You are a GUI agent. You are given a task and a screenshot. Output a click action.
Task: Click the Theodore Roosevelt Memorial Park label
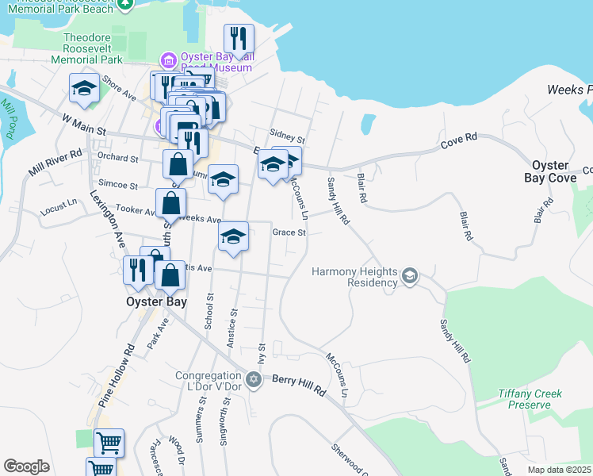(93, 48)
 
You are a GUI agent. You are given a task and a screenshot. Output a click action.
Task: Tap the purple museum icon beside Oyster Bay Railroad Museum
(168, 60)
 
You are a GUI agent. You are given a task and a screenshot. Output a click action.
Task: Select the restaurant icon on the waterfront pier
(239, 38)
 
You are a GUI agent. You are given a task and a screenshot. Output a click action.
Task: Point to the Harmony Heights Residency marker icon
(410, 276)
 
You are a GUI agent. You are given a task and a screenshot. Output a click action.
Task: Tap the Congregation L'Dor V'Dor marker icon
(254, 380)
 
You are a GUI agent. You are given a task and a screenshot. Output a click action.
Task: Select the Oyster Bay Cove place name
(549, 171)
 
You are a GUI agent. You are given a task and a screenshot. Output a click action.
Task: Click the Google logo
(26, 466)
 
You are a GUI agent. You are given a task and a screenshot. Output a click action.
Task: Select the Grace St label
(289, 232)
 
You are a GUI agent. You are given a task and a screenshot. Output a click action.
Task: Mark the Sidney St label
(287, 136)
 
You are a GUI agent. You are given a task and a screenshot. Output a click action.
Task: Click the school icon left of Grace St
(233, 236)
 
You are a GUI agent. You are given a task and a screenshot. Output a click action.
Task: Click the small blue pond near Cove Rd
(368, 125)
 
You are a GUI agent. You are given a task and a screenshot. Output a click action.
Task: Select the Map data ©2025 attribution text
(558, 469)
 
